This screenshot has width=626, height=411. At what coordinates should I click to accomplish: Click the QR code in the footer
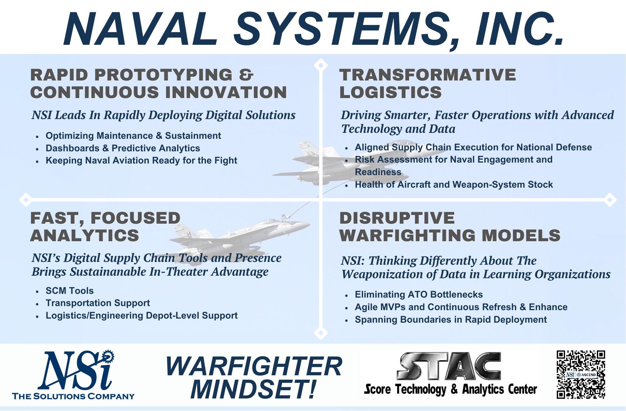pyautogui.click(x=581, y=375)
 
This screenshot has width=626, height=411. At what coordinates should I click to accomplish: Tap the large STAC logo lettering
pyautogui.click(x=449, y=366)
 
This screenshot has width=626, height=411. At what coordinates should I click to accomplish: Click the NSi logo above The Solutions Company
pyautogui.click(x=76, y=370)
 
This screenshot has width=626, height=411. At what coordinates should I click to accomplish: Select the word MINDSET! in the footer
pyautogui.click(x=254, y=389)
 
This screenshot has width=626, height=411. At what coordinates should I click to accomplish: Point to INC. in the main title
pyautogui.click(x=520, y=29)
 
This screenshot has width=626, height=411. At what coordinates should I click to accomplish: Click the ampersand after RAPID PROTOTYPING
pyautogui.click(x=246, y=75)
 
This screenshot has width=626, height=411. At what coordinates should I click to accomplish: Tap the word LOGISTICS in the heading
pyautogui.click(x=391, y=92)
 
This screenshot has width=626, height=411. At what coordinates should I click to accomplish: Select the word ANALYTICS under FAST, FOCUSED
pyautogui.click(x=85, y=236)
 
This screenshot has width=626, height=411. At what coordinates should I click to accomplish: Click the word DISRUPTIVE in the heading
pyautogui.click(x=397, y=218)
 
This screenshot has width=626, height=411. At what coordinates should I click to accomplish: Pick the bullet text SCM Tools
pyautogui.click(x=69, y=291)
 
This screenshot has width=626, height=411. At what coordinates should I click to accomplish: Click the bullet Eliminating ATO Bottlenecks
pyautogui.click(x=419, y=294)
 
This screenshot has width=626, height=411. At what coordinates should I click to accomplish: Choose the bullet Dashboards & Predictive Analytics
pyautogui.click(x=123, y=148)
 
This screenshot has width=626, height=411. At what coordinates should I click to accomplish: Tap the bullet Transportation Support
pyautogui.click(x=98, y=303)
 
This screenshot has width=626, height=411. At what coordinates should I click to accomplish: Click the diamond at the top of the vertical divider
pyautogui.click(x=321, y=65)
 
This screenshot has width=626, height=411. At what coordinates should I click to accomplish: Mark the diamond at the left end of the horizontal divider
pyautogui.click(x=26, y=200)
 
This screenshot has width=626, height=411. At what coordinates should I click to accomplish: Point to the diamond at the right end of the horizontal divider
pyautogui.click(x=610, y=200)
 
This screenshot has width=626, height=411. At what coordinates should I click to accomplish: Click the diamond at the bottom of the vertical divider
pyautogui.click(x=321, y=333)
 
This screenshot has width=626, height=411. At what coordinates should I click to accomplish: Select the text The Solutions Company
pyautogui.click(x=73, y=396)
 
